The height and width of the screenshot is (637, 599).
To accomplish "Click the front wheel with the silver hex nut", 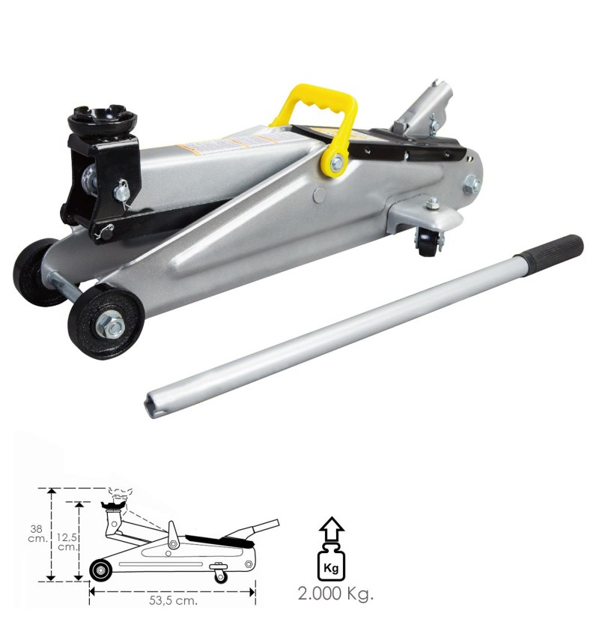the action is click(106, 321).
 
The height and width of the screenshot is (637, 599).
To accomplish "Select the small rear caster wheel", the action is click(427, 242).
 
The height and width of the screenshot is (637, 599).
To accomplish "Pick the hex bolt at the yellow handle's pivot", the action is click(337, 163).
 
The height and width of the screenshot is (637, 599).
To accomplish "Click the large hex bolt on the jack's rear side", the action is click(472, 184).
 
